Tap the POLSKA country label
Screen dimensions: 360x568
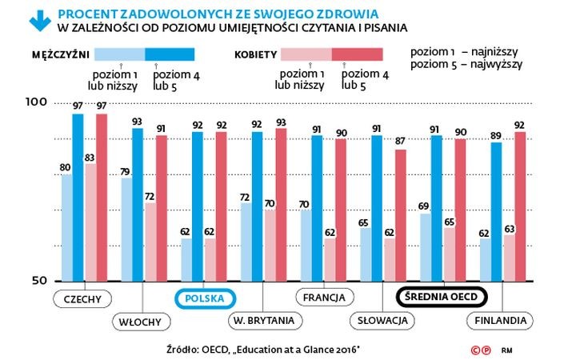coord(204,298)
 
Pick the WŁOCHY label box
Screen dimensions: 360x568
coord(142,322)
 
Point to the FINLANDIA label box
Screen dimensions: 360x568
coord(500,322)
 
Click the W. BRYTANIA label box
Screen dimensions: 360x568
coord(265,322)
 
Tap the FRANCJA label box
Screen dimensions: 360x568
coord(324,298)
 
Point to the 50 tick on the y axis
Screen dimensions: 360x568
coord(41,280)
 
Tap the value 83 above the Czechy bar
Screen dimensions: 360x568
coord(90,157)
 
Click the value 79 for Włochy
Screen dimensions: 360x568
coord(125,171)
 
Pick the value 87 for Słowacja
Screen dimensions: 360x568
coord(400,142)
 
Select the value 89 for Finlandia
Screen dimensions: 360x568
coord(496,135)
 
